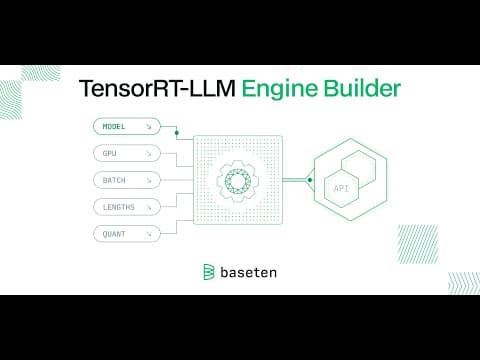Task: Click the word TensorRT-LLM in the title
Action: (x=157, y=89)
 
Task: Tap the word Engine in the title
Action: (x=280, y=90)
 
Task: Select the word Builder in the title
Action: (x=362, y=88)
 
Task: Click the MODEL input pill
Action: (x=127, y=126)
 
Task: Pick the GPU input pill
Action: (x=127, y=153)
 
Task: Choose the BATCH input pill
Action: (x=127, y=180)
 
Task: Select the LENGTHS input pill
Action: (x=127, y=207)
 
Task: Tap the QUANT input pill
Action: (x=127, y=234)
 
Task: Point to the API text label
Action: (x=341, y=188)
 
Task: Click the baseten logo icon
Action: (x=209, y=272)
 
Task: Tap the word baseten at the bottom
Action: (x=249, y=272)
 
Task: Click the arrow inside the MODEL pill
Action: (x=149, y=127)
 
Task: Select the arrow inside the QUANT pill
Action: (x=149, y=234)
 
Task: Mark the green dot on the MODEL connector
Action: (x=177, y=133)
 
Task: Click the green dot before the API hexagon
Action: (x=310, y=180)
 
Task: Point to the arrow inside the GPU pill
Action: (x=149, y=154)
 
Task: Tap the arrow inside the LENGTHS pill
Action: (x=149, y=207)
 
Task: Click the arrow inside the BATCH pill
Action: (x=149, y=180)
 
